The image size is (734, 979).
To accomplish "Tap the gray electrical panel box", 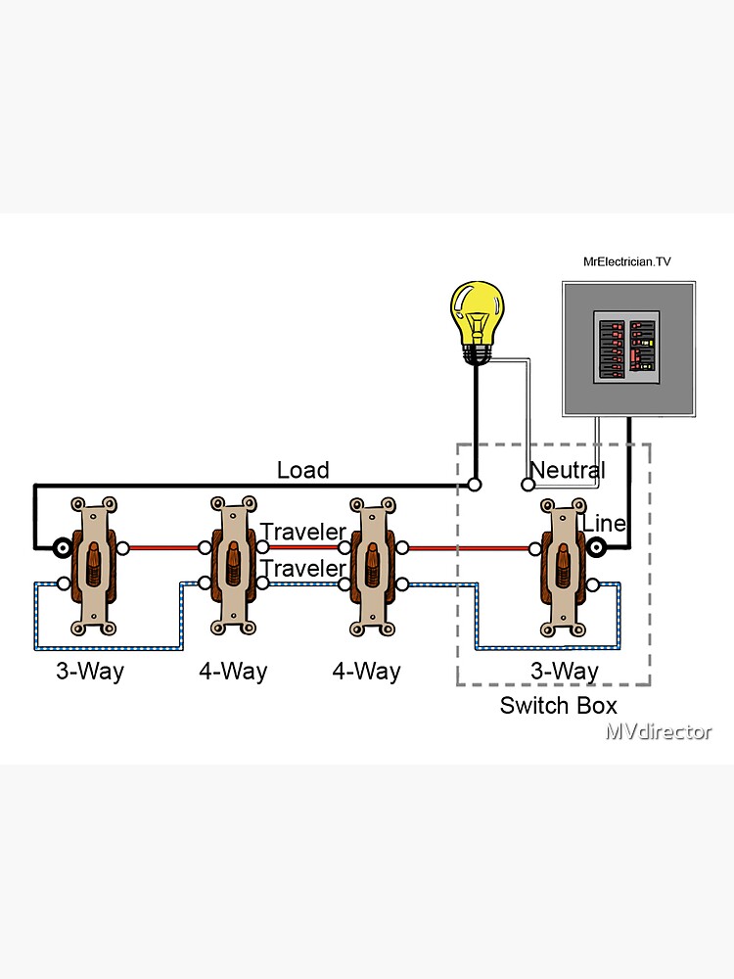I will [x=628, y=348].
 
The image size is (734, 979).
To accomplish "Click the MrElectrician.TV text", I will [x=627, y=261].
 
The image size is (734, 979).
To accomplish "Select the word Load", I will [x=302, y=470].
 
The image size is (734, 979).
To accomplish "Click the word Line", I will [x=604, y=524].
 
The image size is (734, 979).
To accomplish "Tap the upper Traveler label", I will [x=303, y=533].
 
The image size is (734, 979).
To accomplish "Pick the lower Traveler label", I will [x=303, y=569].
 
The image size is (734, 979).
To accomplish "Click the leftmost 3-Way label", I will [x=91, y=672].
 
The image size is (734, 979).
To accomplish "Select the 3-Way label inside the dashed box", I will [x=564, y=672].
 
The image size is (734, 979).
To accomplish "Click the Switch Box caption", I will [x=558, y=705].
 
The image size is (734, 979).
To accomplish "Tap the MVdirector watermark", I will [x=658, y=731].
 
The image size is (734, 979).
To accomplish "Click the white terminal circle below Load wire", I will [x=475, y=484].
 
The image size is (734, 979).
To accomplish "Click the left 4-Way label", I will [x=233, y=672].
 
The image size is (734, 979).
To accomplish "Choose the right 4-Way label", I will [x=366, y=672].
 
